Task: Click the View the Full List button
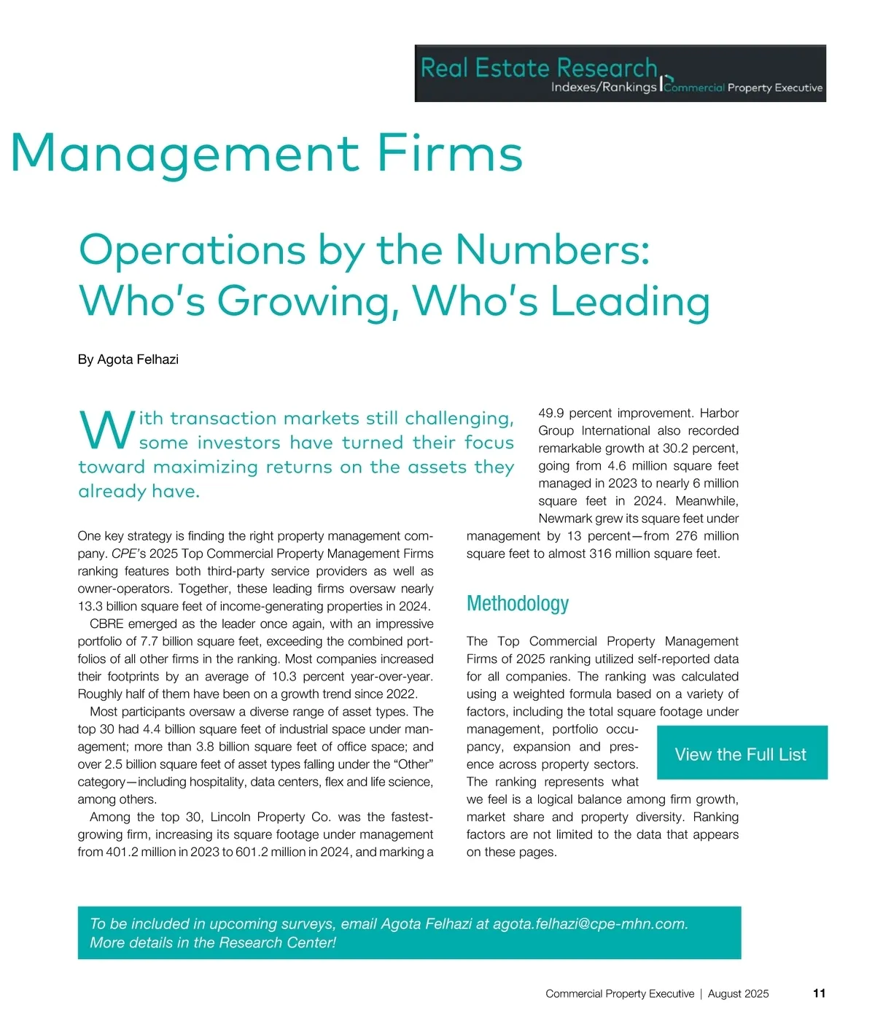pyautogui.click(x=741, y=754)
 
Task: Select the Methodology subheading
pyautogui.click(x=517, y=604)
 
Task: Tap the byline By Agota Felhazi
pyautogui.click(x=128, y=360)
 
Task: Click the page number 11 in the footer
pyautogui.click(x=819, y=993)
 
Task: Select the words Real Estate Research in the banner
pyautogui.click(x=539, y=68)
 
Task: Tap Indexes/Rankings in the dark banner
pyautogui.click(x=603, y=88)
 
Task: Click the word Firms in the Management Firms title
pyautogui.click(x=449, y=153)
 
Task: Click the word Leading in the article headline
pyautogui.click(x=630, y=301)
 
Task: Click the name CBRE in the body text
pyautogui.click(x=106, y=624)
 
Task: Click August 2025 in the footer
pyautogui.click(x=738, y=993)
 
